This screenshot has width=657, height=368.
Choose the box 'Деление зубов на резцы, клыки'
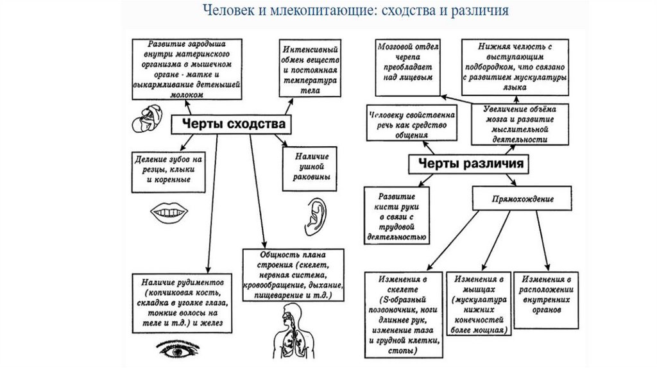pos(169,170)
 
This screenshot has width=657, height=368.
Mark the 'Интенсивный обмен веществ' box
pos(309,69)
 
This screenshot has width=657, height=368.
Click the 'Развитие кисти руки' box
pos(396,216)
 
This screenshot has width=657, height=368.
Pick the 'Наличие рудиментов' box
pos(181,302)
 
